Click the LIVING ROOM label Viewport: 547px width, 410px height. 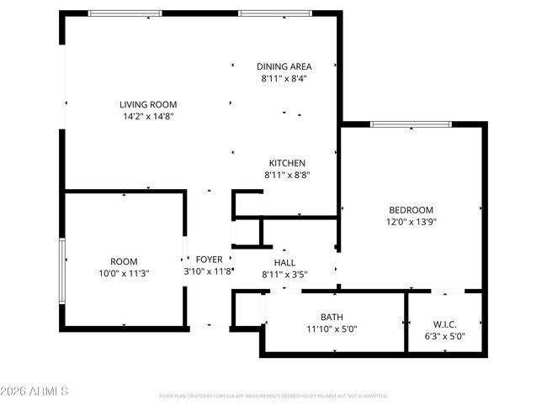[x=148, y=105]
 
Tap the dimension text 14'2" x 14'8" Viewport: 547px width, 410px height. [x=148, y=118]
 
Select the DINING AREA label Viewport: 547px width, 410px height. [x=284, y=66]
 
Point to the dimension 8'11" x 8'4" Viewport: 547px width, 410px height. [x=284, y=79]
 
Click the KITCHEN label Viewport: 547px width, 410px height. [x=286, y=163]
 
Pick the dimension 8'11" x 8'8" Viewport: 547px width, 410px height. [x=286, y=176]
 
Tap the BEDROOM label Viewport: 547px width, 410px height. [x=411, y=210]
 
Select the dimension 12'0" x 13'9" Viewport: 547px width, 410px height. [x=411, y=223]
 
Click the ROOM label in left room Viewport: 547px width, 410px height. [x=124, y=261]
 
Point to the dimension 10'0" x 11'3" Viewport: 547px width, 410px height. [x=124, y=273]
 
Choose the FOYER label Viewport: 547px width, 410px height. [x=209, y=260]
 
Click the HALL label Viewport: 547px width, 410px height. [x=284, y=262]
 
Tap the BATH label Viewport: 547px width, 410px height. [x=331, y=317]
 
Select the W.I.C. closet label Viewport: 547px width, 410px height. [x=444, y=323]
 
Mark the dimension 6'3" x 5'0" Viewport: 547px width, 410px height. [x=444, y=336]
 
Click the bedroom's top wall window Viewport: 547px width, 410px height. [x=411, y=125]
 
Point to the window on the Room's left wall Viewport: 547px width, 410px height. [x=61, y=271]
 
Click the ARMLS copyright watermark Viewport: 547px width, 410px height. [x=34, y=392]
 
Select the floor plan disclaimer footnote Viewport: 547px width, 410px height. [x=273, y=395]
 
